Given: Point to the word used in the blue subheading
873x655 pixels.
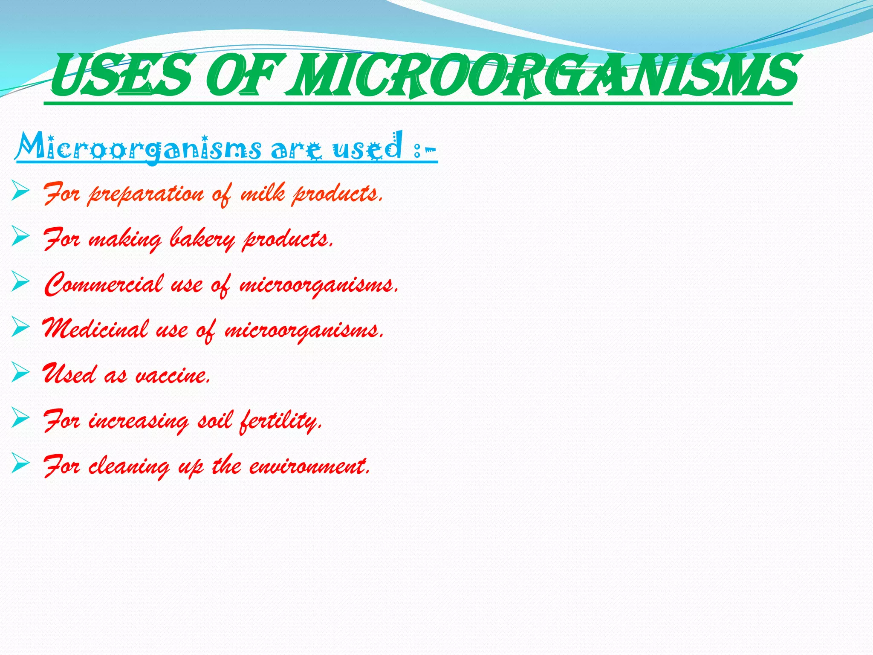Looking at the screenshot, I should point(367,147).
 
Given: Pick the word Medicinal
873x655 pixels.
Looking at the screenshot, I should point(95,329).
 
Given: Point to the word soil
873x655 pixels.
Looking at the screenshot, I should point(215,420).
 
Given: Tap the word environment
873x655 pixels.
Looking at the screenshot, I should point(309,466).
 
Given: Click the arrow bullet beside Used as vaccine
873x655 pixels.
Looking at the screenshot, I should point(20,371).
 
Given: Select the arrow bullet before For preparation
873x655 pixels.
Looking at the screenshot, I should point(20,190).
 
